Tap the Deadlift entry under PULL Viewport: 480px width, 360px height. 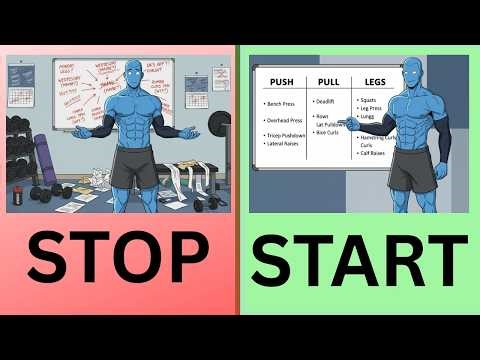click(x=325, y=101)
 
